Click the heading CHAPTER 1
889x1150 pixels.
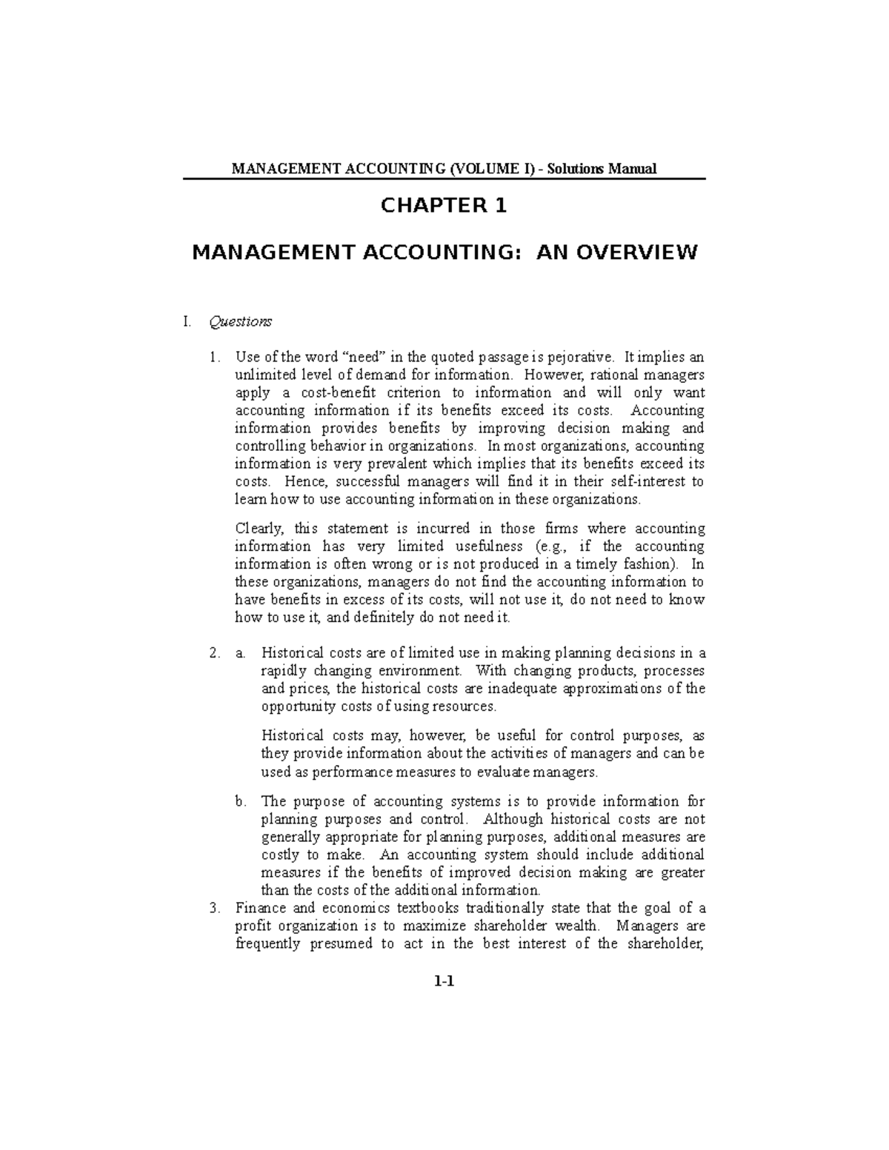[x=444, y=206]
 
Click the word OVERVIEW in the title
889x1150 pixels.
[x=635, y=253]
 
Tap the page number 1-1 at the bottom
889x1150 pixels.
[x=444, y=982]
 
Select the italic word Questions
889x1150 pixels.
[x=241, y=321]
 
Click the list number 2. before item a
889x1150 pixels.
[x=214, y=653]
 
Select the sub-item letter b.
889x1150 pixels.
[x=239, y=801]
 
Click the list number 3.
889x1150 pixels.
[x=214, y=908]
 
